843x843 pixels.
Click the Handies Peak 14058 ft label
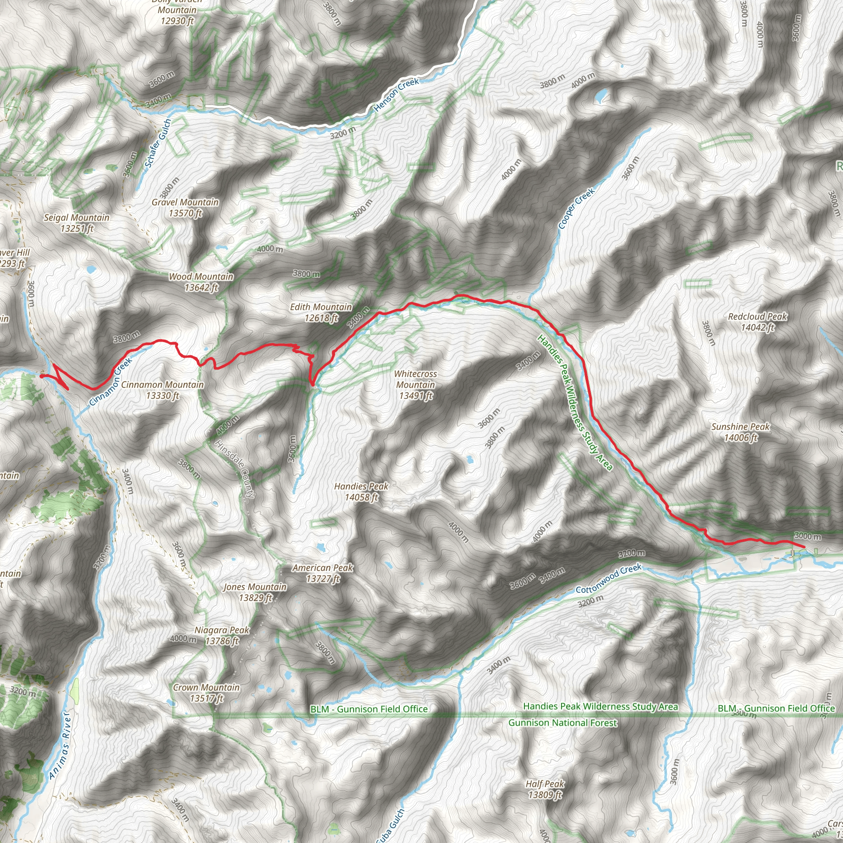point(361,492)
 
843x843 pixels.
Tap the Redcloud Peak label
point(757,321)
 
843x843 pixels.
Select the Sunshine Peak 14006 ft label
point(741,432)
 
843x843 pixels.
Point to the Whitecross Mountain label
point(415,384)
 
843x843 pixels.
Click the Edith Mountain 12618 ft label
point(321,312)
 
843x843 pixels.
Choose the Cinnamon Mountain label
point(162,390)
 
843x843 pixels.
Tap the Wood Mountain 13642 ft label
point(201,282)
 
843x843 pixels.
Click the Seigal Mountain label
point(77,223)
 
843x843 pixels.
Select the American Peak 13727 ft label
point(322,573)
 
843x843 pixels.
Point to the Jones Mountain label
point(255,592)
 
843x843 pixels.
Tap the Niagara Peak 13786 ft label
point(222,635)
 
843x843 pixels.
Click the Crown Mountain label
point(206,692)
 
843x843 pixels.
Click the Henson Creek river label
point(397,94)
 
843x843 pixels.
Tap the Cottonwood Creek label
point(608,578)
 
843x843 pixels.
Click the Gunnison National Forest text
point(562,722)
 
